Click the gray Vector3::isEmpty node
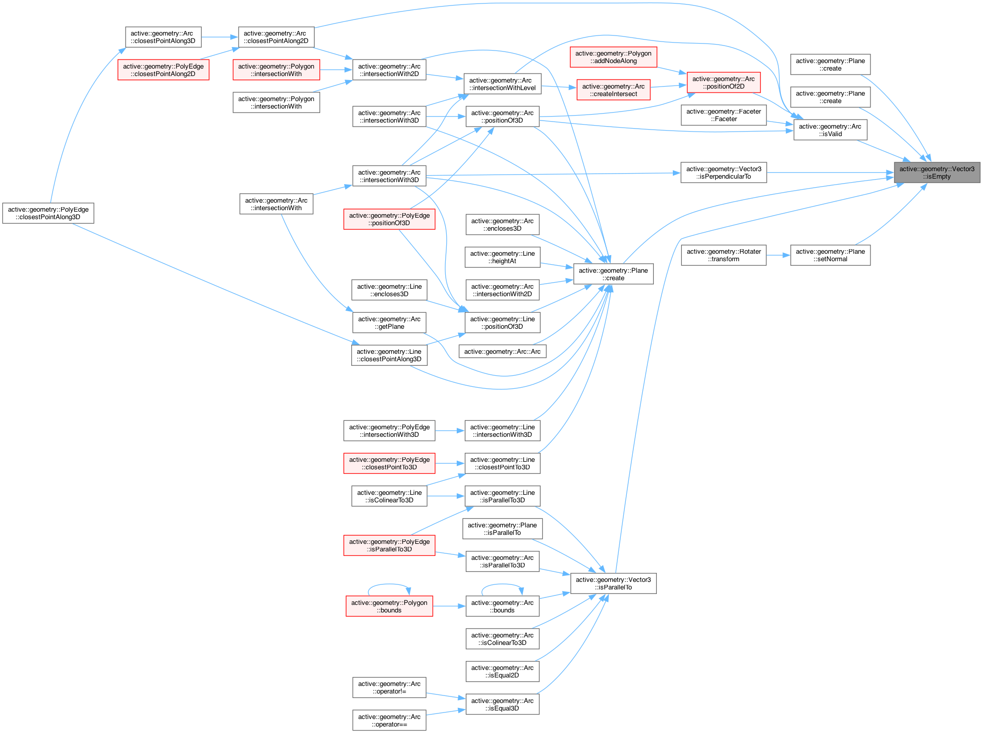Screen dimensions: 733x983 tap(936, 173)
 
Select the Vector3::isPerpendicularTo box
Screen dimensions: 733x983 tap(723, 173)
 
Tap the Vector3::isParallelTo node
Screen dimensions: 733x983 tap(613, 583)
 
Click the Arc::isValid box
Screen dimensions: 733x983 tap(830, 130)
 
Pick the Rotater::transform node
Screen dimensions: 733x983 tap(723, 255)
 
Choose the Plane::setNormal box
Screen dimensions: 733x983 tap(830, 255)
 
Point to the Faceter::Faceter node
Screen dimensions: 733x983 tap(723, 115)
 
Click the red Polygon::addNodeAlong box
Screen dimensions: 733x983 tap(613, 57)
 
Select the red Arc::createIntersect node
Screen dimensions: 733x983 tap(613, 90)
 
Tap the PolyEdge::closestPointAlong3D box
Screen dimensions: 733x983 tap(48, 213)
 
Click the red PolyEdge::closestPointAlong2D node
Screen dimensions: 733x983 tap(163, 70)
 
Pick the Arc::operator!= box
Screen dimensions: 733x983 tap(389, 687)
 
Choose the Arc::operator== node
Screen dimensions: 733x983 tap(389, 720)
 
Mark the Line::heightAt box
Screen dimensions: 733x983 tap(502, 257)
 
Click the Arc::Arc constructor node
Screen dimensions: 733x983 tap(502, 352)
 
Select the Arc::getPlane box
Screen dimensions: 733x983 tap(389, 323)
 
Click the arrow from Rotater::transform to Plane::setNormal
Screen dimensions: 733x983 tap(778, 255)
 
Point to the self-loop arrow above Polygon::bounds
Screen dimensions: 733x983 tap(389, 584)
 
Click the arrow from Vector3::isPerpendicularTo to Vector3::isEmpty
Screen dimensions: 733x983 tap(830, 173)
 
